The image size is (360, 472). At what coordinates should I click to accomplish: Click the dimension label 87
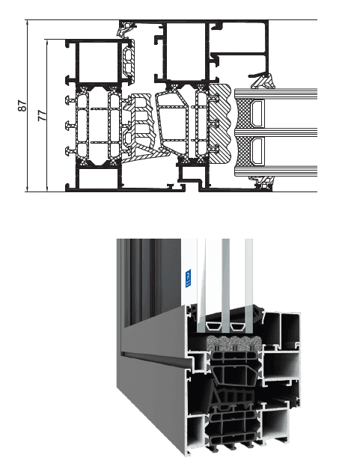(22, 106)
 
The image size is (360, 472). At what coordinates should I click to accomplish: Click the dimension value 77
(43, 115)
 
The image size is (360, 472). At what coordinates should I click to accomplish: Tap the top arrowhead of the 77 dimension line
(48, 43)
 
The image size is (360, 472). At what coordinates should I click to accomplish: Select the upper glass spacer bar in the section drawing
(258, 113)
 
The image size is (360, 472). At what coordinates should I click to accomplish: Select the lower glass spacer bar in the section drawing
(258, 151)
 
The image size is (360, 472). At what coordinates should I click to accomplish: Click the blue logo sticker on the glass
(188, 279)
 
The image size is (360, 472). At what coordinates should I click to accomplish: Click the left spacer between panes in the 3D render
(213, 326)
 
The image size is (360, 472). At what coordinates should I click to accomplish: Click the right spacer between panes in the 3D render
(238, 326)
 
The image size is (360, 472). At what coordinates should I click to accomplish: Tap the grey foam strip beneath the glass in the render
(234, 343)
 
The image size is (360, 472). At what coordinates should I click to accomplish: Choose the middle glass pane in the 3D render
(225, 286)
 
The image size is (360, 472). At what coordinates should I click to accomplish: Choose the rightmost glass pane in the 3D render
(248, 286)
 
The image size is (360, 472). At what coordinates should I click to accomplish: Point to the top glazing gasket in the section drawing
(262, 81)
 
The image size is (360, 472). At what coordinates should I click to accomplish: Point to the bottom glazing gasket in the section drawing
(262, 183)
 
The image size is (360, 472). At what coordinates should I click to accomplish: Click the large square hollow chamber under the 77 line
(98, 61)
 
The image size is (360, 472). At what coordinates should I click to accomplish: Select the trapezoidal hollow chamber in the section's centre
(173, 123)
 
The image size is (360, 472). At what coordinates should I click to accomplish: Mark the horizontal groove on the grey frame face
(153, 355)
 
